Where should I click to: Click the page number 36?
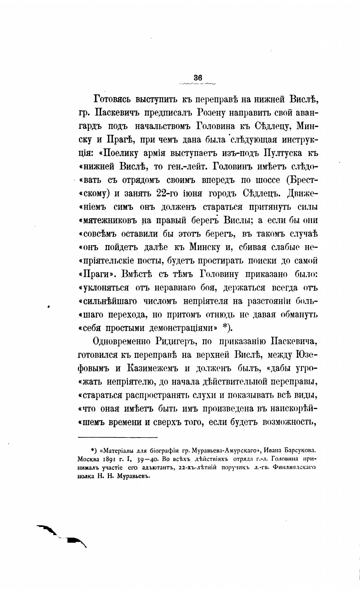[x=198, y=78]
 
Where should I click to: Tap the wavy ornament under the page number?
[x=197, y=84]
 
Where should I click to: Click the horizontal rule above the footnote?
[x=117, y=437]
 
